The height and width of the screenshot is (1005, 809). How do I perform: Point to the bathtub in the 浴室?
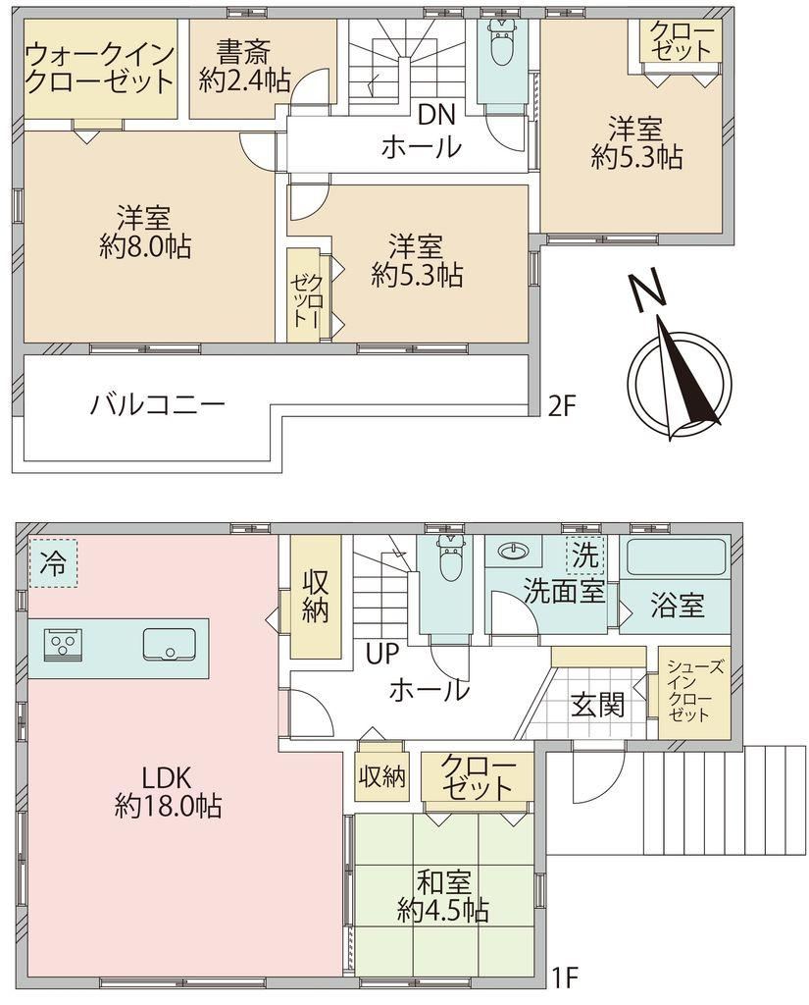click(x=675, y=557)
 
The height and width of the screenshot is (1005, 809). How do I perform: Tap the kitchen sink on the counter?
click(x=170, y=644)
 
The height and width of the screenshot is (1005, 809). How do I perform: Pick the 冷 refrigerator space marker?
click(x=52, y=563)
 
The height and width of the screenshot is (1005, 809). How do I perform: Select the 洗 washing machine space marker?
click(x=584, y=555)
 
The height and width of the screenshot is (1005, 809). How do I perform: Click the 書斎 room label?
click(x=243, y=51)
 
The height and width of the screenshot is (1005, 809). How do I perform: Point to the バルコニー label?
click(x=157, y=404)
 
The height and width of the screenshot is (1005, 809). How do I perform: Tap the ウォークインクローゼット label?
click(x=100, y=68)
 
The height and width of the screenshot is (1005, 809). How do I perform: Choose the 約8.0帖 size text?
click(x=145, y=246)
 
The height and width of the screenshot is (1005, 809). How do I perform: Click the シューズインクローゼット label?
click(x=694, y=691)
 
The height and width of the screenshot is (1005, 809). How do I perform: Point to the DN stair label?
click(x=436, y=115)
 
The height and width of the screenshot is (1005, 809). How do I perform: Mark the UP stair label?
click(x=383, y=654)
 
